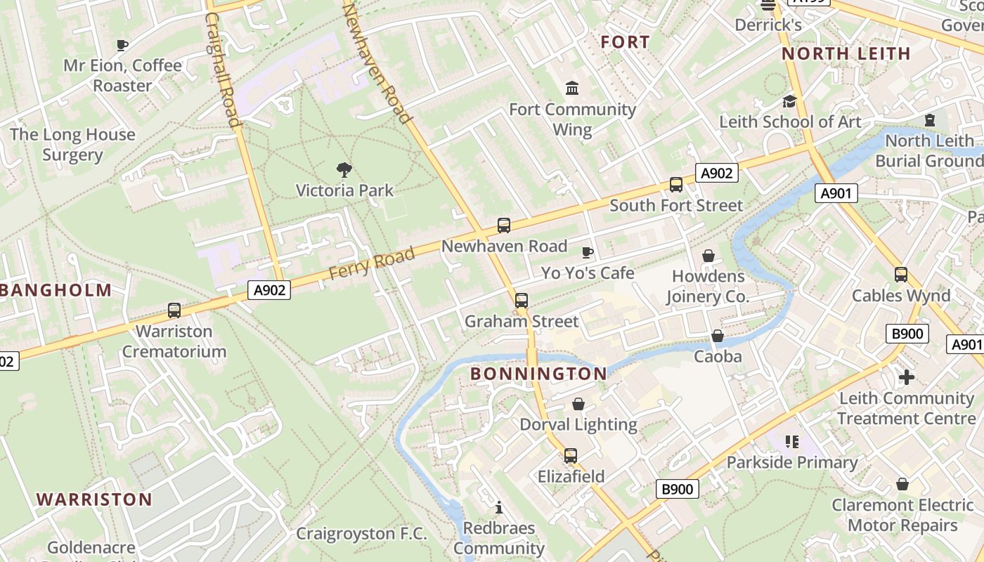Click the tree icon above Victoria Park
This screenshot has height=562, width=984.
(344, 169)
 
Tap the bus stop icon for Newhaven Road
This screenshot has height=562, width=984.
(503, 226)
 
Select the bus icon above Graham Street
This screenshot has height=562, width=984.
(521, 301)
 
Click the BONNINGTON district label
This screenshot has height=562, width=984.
(538, 374)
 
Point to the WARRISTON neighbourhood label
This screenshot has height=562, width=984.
(94, 499)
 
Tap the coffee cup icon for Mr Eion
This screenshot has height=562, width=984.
(122, 46)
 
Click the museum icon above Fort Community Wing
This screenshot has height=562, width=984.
(572, 89)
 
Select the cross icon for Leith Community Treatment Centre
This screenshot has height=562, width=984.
(907, 377)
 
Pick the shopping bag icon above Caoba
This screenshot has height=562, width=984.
(717, 336)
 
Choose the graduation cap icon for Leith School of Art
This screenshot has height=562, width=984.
(789, 101)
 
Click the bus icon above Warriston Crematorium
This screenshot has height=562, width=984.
(174, 310)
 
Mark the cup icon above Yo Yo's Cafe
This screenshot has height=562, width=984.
(588, 252)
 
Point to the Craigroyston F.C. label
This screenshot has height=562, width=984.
(361, 534)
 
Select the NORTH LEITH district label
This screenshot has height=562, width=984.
(846, 53)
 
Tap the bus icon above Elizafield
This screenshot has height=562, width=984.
(570, 456)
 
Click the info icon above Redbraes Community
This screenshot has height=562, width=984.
(499, 507)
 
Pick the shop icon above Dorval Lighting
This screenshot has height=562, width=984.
(578, 404)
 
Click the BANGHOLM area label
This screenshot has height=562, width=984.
(56, 290)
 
